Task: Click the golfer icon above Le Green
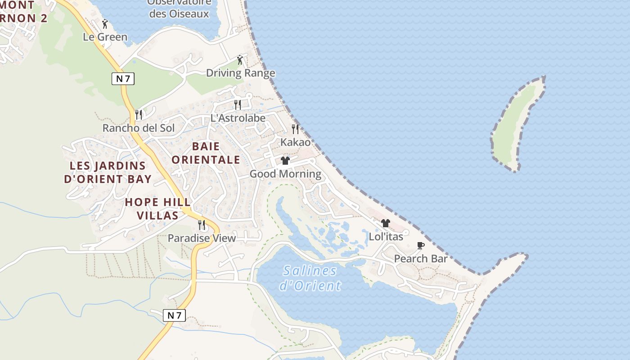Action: (105, 24)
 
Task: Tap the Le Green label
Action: (105, 37)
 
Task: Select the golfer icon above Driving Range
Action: (240, 59)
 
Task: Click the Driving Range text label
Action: (240, 73)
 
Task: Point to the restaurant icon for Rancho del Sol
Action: (139, 115)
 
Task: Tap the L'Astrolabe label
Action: (238, 118)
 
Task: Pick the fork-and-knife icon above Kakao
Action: (295, 129)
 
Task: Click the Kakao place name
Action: (295, 142)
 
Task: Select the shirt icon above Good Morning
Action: (285, 161)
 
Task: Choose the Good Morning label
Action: (285, 174)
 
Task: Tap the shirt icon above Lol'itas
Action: (386, 223)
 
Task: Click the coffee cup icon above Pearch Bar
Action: (421, 246)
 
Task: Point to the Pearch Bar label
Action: (421, 259)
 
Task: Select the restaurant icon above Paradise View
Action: (202, 225)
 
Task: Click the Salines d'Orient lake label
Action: (310, 278)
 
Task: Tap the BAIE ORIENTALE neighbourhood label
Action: (206, 153)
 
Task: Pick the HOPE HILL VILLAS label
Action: (157, 209)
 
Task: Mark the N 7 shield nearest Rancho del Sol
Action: (123, 79)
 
